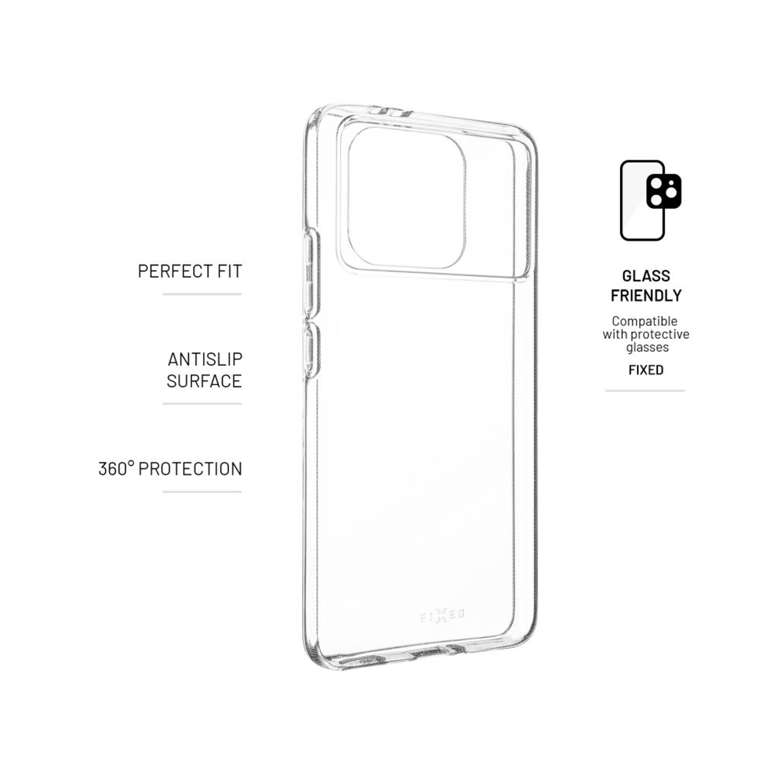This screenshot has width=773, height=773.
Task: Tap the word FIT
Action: click(x=230, y=271)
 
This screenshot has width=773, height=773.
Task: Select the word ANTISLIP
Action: click(x=205, y=359)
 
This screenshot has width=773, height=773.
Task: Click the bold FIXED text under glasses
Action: click(x=646, y=370)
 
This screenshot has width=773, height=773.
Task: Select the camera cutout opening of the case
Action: click(x=406, y=198)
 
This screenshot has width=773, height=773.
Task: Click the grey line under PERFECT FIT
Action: click(x=202, y=294)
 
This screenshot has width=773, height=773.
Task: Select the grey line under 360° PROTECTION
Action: click(x=202, y=492)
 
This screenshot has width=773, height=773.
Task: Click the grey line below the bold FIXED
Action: click(x=645, y=391)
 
